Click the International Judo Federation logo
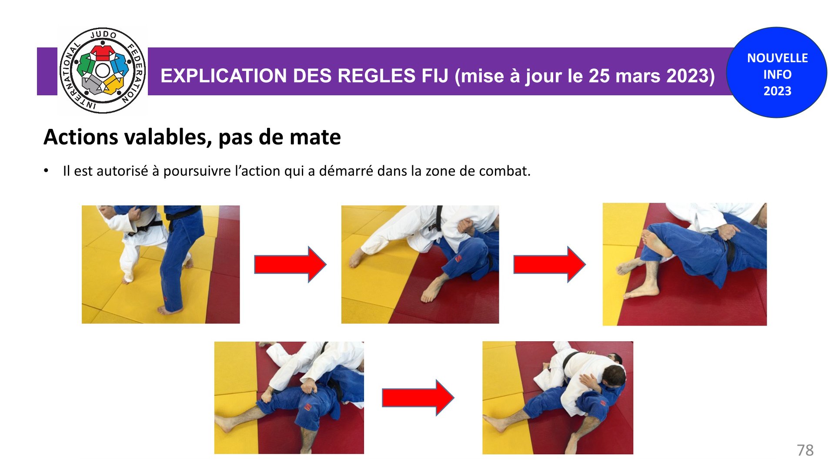click(x=103, y=70)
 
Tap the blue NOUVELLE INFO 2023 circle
click(x=777, y=72)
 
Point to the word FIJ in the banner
click(x=435, y=76)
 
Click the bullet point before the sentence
click(x=46, y=171)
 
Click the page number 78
click(x=805, y=450)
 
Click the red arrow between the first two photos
click(x=290, y=264)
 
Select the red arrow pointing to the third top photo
click(x=549, y=264)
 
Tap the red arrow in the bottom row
click(x=418, y=398)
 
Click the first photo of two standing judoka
click(x=160, y=265)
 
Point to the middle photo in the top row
click(x=420, y=265)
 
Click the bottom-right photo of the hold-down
click(x=558, y=398)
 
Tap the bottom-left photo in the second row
click(x=289, y=398)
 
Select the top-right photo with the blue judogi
click(x=685, y=264)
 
